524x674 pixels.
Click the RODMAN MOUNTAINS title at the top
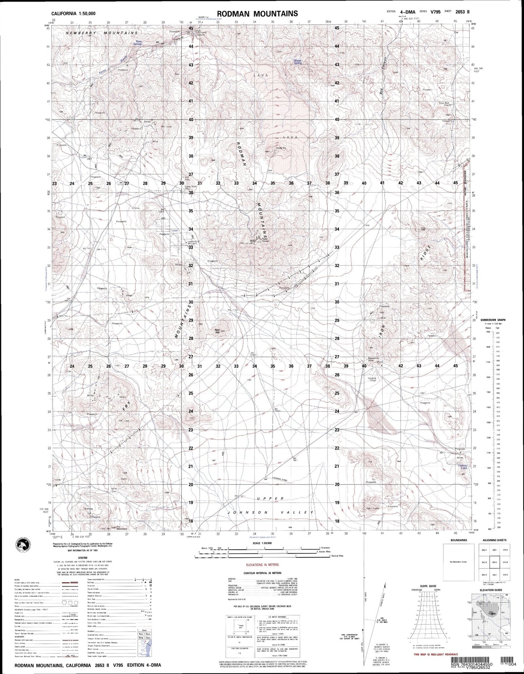[x=257, y=14]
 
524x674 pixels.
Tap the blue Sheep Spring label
[x=297, y=62]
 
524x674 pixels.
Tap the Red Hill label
[x=218, y=330]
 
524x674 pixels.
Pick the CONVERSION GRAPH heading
[x=492, y=320]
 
